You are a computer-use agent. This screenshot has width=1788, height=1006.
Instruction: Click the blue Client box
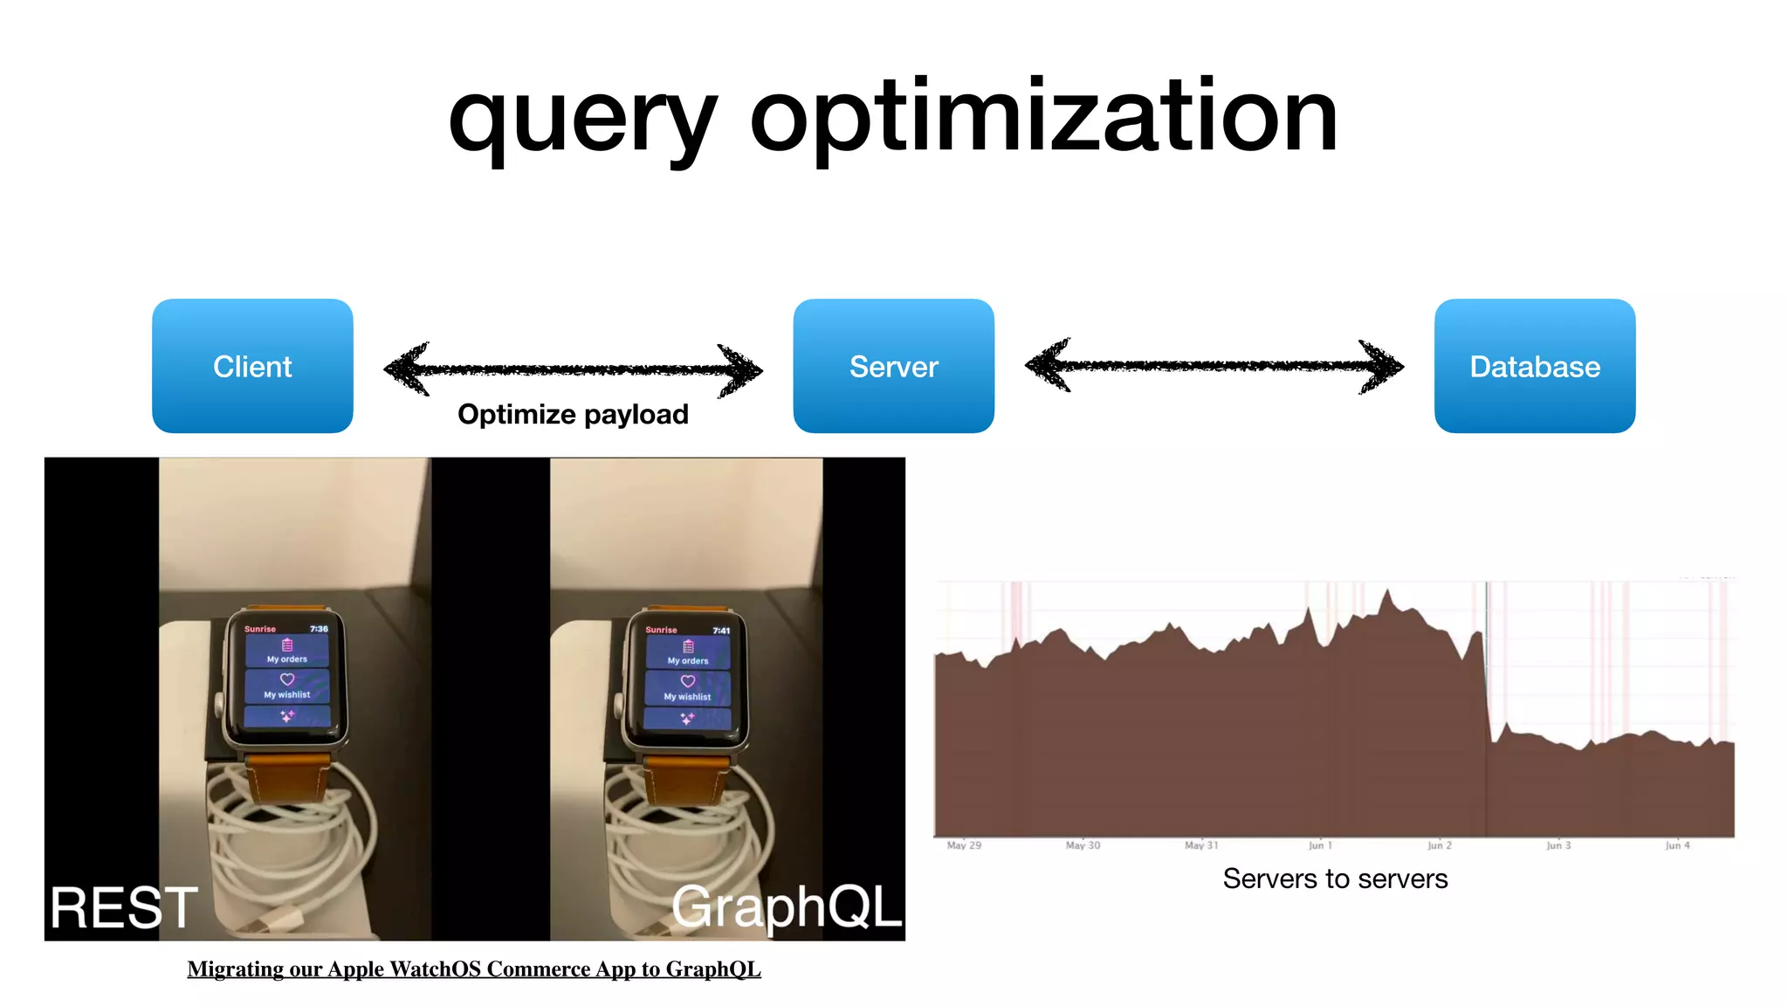[x=252, y=366]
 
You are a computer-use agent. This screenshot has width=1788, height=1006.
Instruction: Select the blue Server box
[x=893, y=366]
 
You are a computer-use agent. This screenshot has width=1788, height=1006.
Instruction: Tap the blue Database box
[x=1534, y=366]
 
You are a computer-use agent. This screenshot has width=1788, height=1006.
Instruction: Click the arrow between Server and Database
[x=1214, y=366]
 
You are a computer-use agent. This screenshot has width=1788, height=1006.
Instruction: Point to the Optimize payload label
[x=573, y=414]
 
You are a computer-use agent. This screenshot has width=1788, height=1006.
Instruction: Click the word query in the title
[x=582, y=118]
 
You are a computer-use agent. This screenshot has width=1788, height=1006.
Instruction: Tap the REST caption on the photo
[x=124, y=908]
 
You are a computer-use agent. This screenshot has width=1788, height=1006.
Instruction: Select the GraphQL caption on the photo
[x=786, y=906]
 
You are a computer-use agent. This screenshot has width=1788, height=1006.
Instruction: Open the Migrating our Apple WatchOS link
[x=474, y=969]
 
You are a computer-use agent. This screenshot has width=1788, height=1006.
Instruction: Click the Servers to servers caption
[x=1335, y=879]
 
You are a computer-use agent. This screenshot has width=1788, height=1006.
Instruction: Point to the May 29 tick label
[x=964, y=845]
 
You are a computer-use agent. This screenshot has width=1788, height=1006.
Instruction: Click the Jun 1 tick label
[x=1320, y=845]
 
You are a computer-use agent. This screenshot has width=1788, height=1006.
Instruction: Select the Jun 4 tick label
[x=1677, y=845]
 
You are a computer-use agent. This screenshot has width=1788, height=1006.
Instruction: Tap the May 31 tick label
[x=1201, y=845]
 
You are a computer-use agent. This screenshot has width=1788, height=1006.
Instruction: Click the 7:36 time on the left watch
[x=319, y=629]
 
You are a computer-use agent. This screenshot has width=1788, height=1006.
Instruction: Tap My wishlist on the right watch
[x=687, y=697]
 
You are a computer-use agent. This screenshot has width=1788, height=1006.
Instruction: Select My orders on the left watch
[x=287, y=659]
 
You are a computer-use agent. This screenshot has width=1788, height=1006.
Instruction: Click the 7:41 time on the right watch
[x=721, y=630]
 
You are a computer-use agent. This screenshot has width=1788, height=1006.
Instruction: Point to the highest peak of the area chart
[x=1387, y=592]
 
